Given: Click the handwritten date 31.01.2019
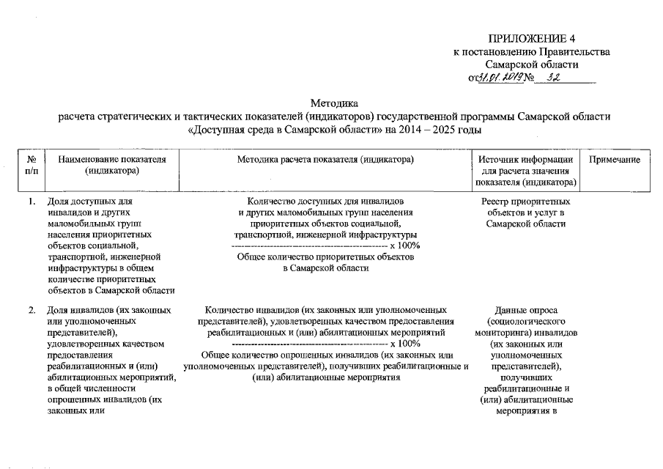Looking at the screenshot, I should coord(500,78).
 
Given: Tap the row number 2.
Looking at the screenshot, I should coord(32,310).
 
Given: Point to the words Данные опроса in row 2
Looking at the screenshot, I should coord(526,310).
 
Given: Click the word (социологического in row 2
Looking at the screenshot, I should coord(526,321).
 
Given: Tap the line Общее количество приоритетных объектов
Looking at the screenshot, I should coord(326,258).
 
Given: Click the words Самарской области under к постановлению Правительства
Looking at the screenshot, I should coord(537,64).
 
